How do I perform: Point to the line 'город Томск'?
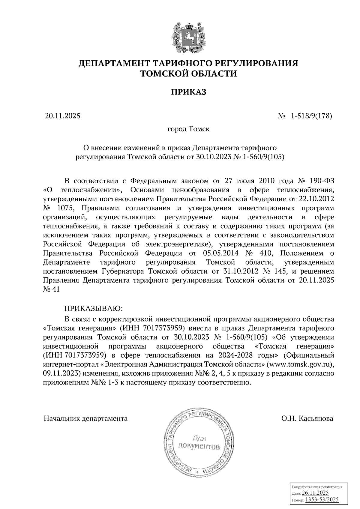[x=188, y=129]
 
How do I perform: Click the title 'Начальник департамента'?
[x=85, y=418]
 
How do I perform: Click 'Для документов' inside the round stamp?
[x=199, y=443]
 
